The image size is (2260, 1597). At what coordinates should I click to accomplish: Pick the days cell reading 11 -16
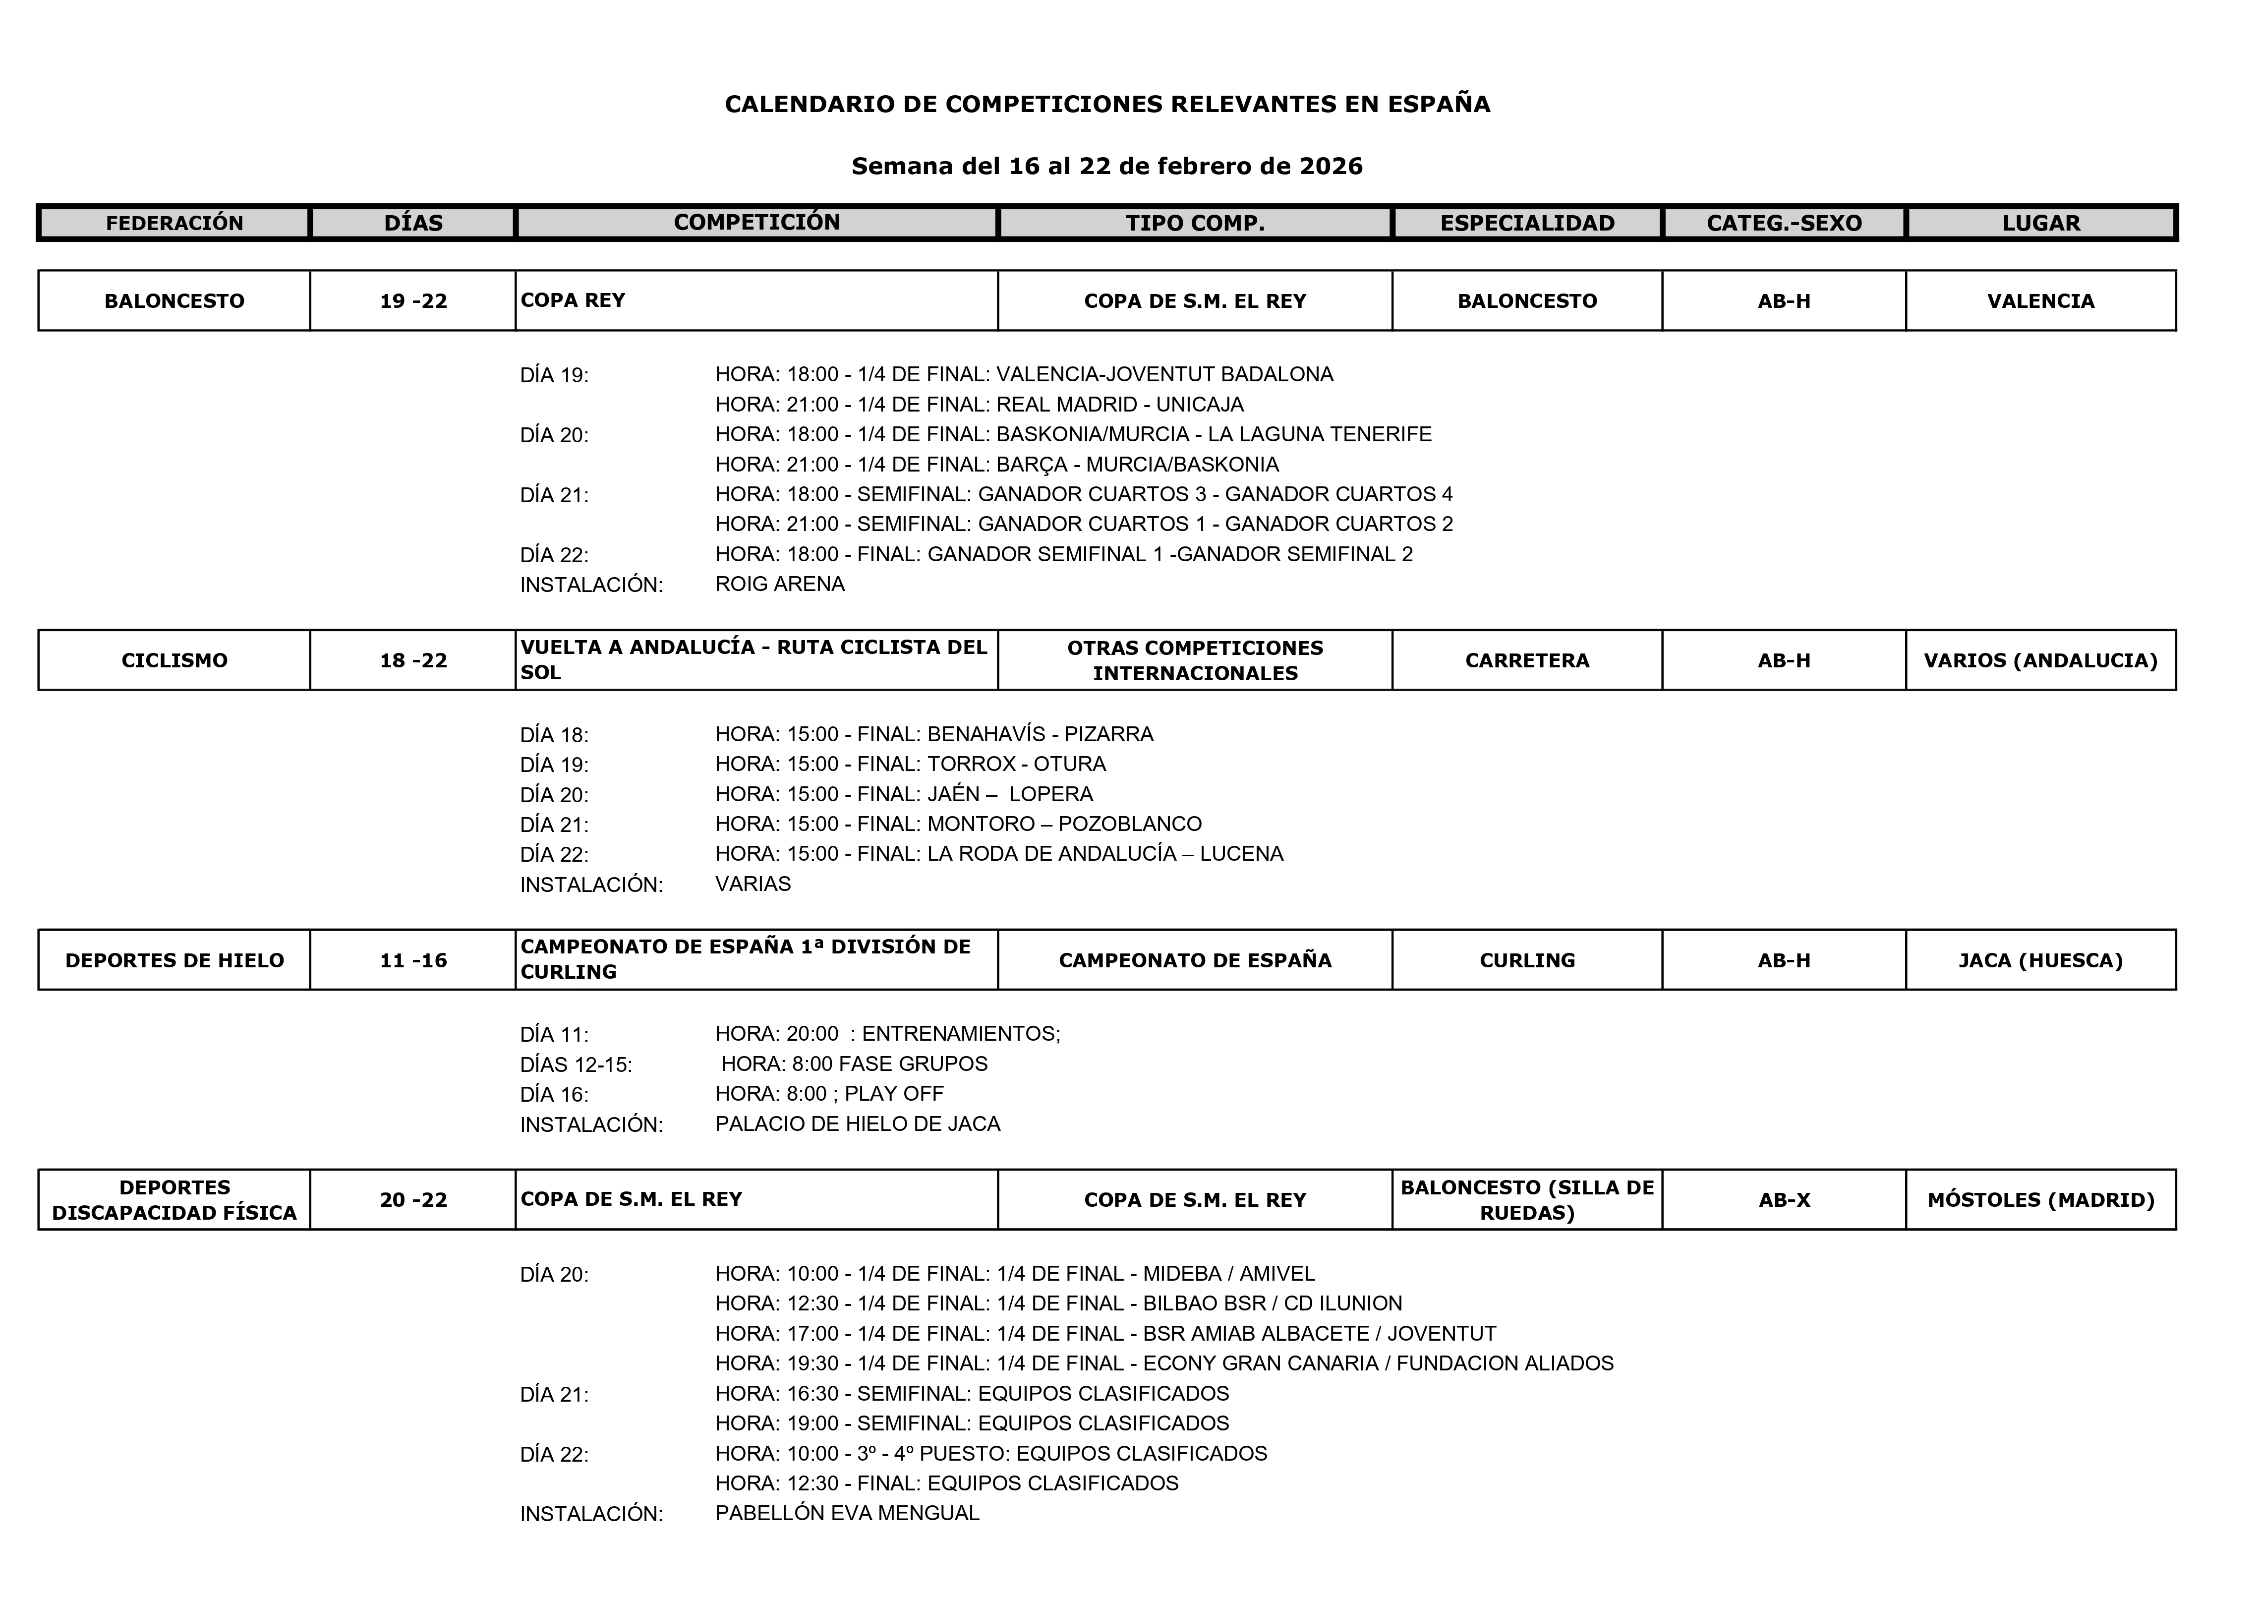click(x=413, y=960)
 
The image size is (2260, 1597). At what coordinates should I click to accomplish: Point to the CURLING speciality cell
click(x=1527, y=960)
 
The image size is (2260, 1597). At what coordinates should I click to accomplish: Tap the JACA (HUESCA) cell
click(x=2040, y=960)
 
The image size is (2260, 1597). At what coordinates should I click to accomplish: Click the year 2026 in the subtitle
click(x=1331, y=167)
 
